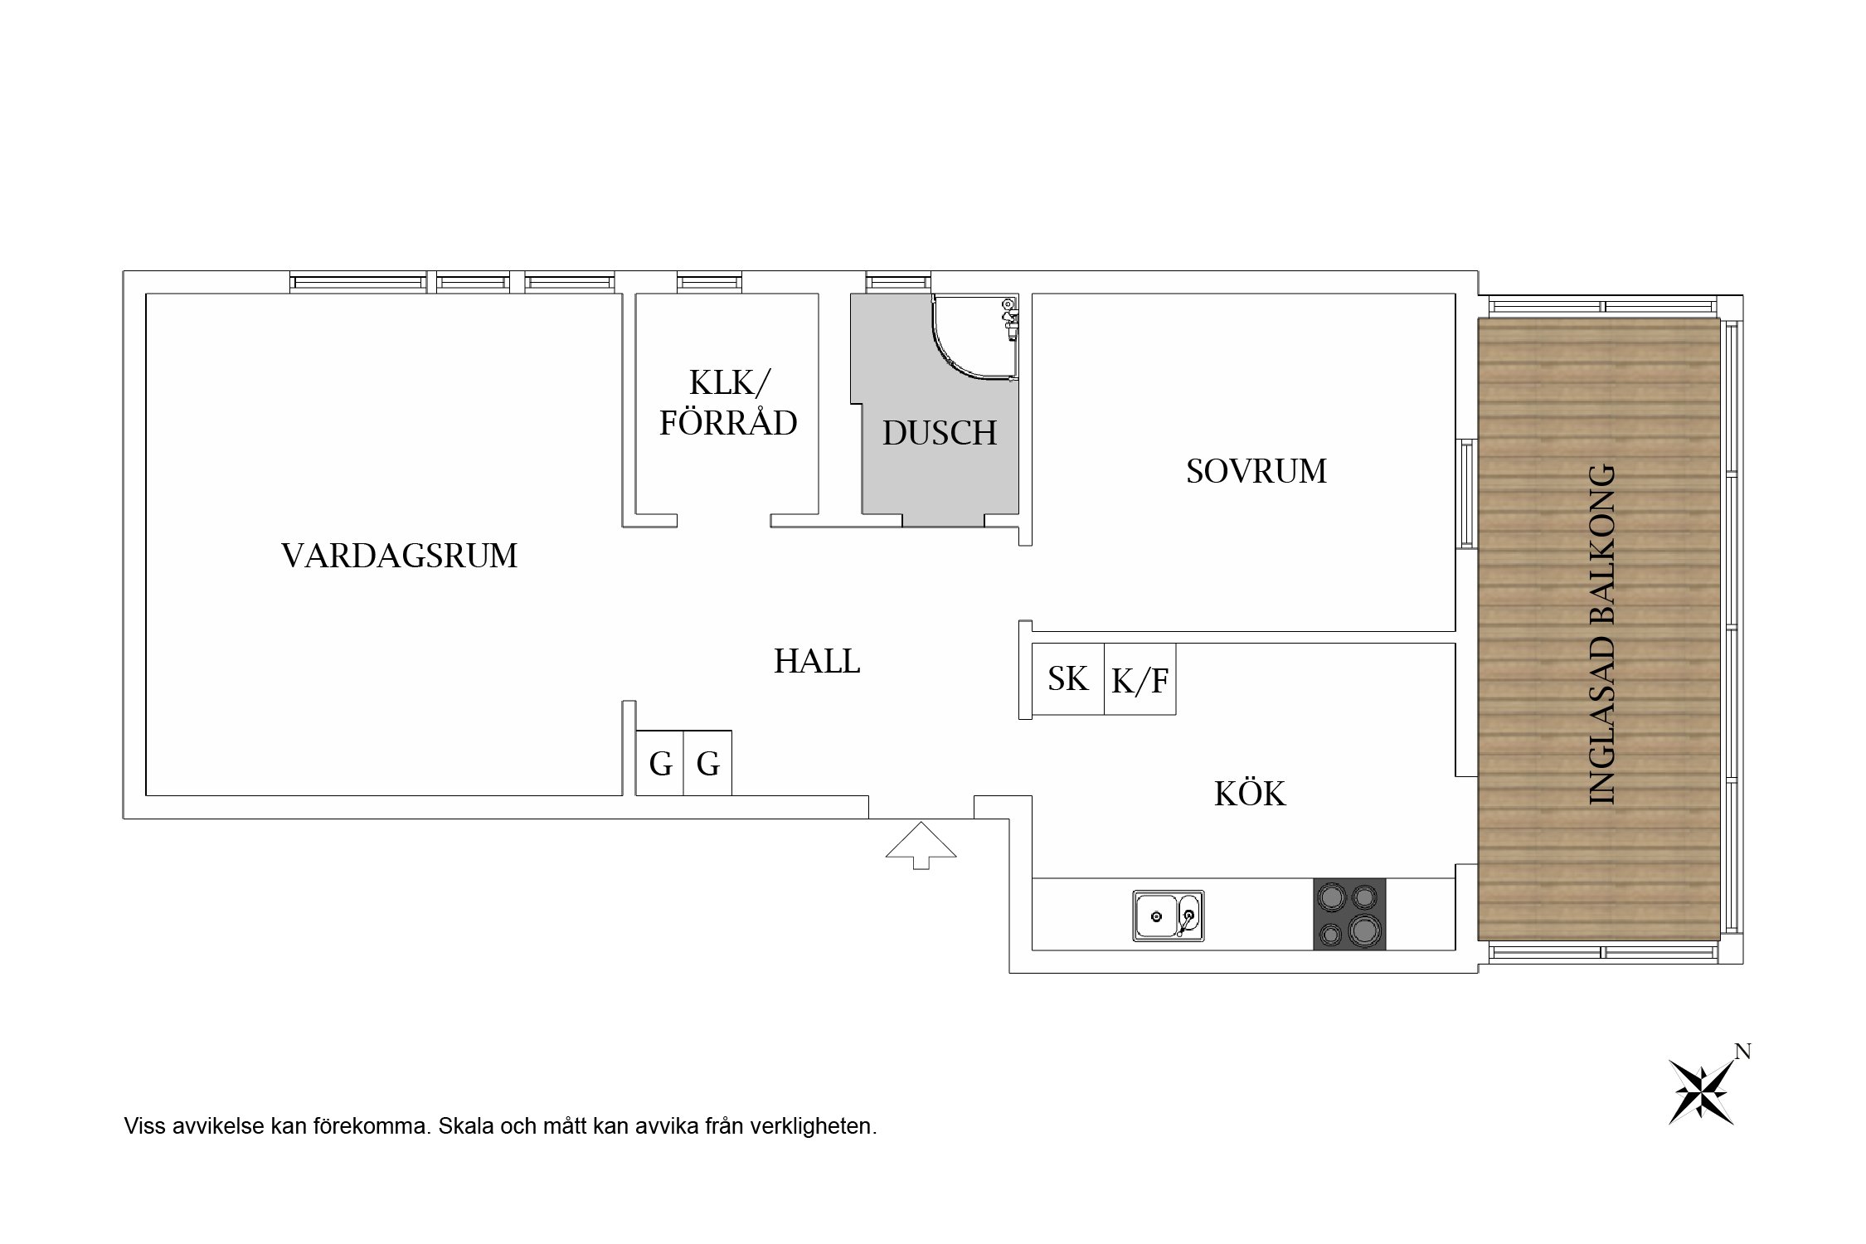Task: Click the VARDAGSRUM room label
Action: (399, 556)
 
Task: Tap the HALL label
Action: (817, 662)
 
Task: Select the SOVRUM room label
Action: (1256, 471)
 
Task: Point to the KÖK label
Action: (1250, 795)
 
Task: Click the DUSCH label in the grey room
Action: (939, 433)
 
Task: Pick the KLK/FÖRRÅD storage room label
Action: (728, 403)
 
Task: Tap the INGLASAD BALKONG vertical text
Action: (1601, 634)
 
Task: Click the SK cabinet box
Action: (1068, 679)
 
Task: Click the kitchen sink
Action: (1168, 916)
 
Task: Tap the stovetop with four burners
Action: (1348, 914)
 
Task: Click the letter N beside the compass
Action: (1742, 1052)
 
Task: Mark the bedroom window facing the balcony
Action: (1466, 493)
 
